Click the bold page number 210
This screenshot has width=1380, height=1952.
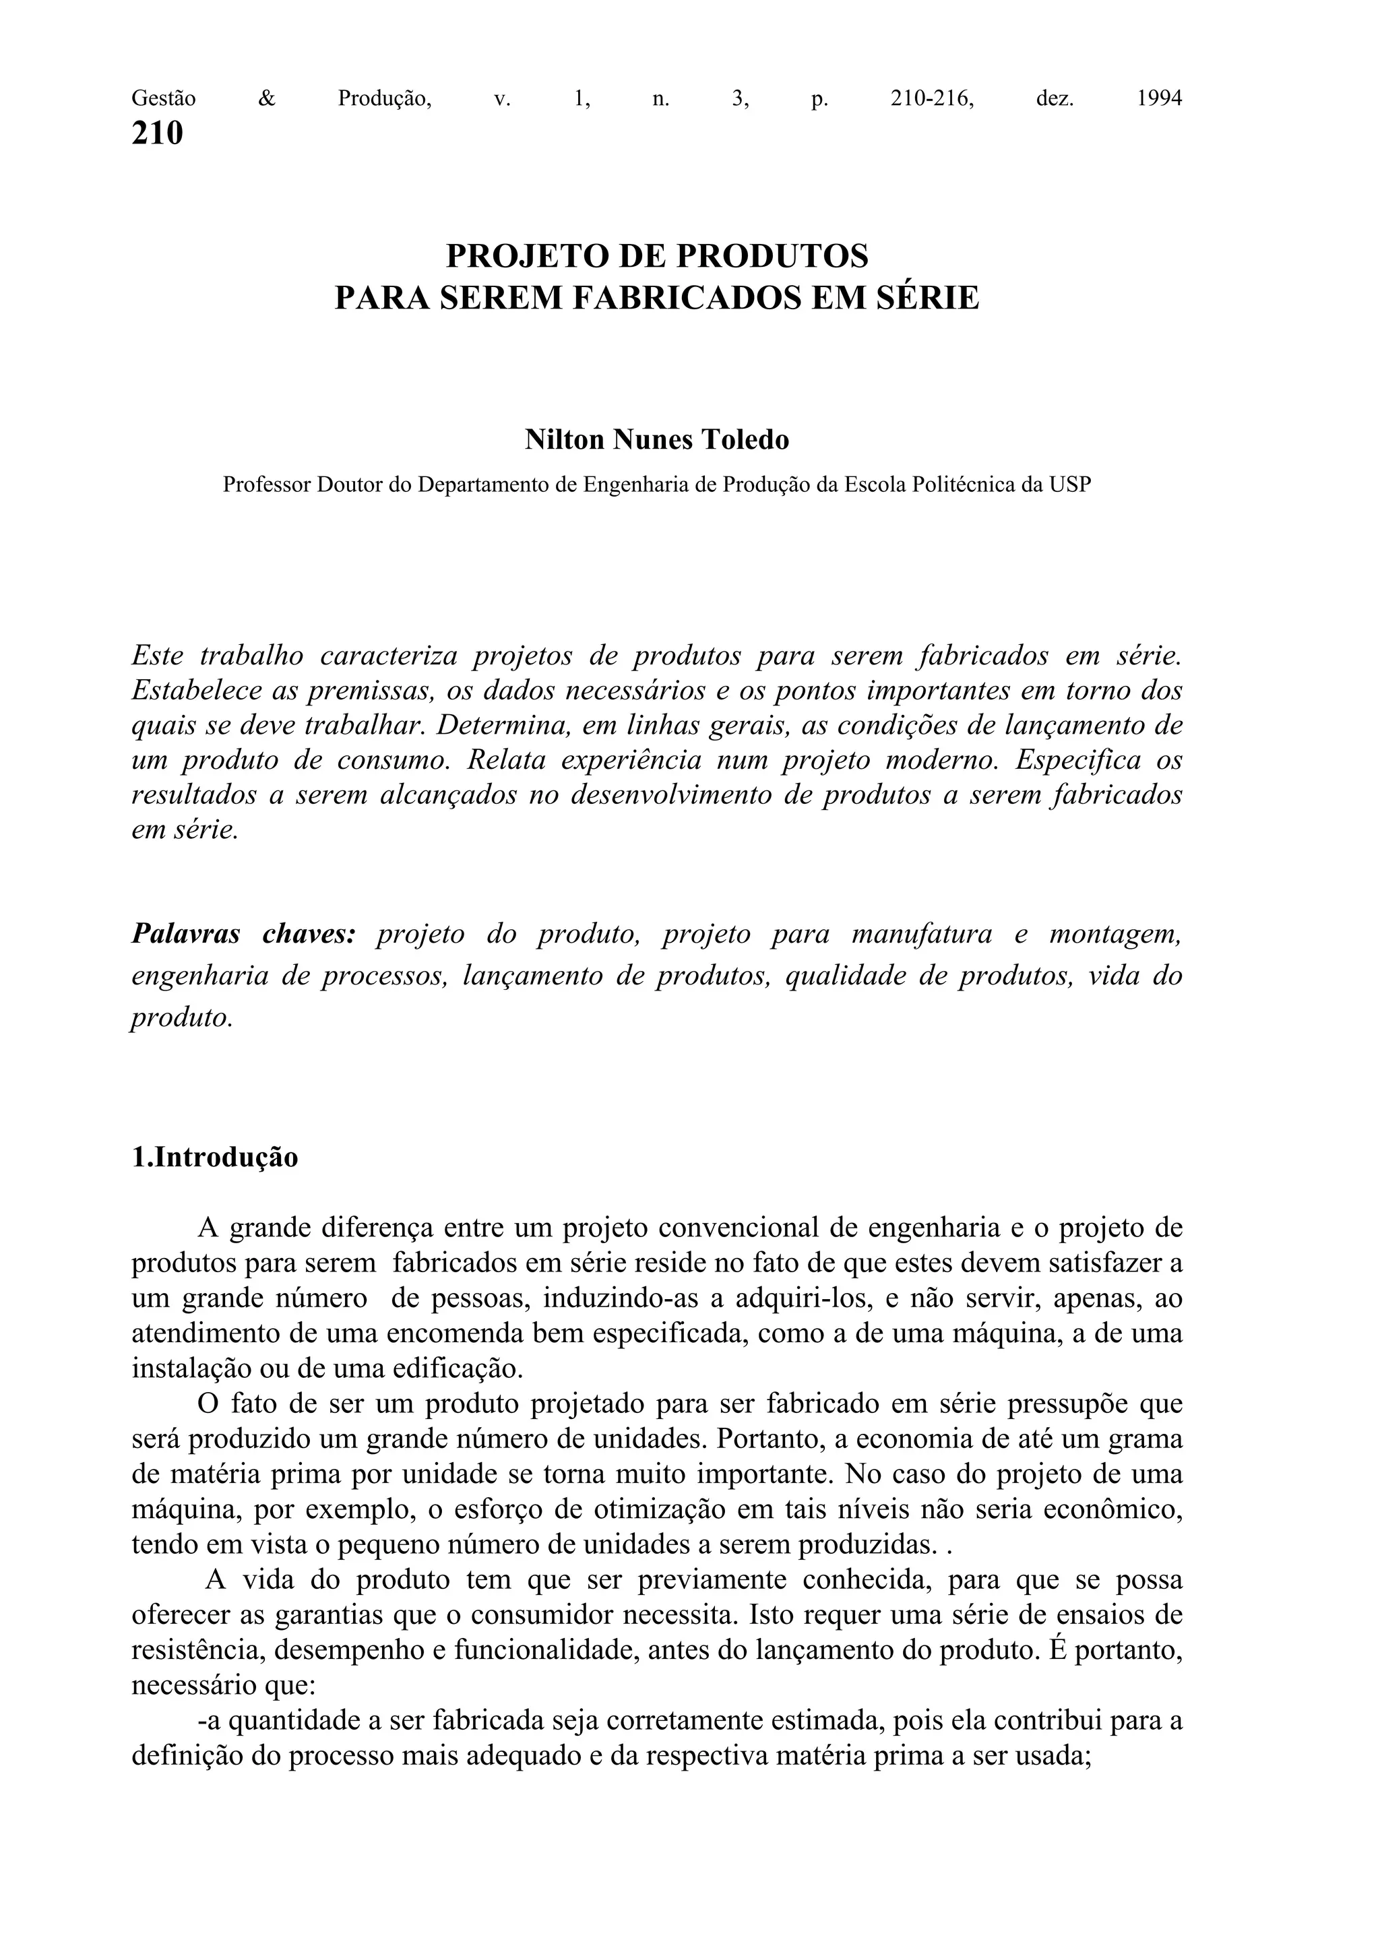157,133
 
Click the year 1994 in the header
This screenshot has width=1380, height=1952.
1159,98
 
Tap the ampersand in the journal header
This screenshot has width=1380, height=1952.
267,98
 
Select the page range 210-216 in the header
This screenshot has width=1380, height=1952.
932,98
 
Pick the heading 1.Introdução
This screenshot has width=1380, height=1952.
215,1158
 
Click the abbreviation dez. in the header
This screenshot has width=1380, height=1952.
1055,98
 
